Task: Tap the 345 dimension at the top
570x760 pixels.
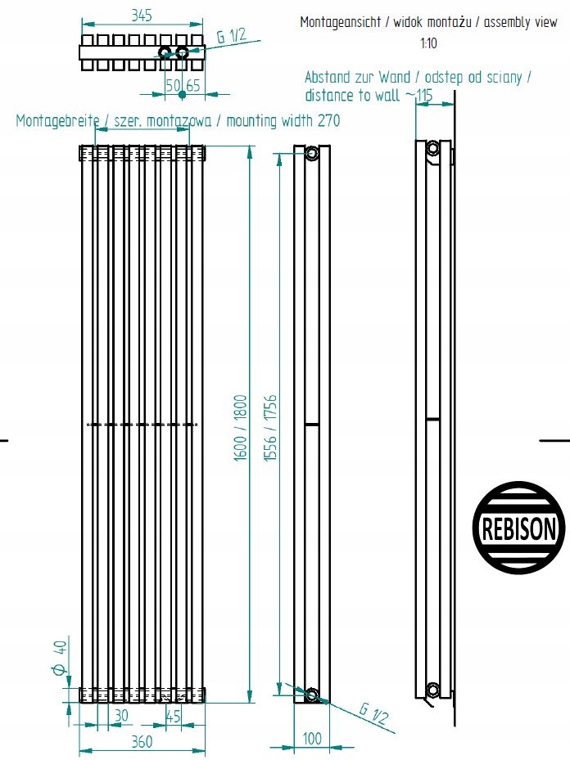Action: point(142,16)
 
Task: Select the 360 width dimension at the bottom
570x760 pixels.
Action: point(142,741)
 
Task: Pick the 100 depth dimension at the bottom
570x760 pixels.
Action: point(311,739)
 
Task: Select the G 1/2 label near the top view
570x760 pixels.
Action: point(232,37)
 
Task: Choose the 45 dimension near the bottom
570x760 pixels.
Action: point(173,715)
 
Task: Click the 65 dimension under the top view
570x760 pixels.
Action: point(193,85)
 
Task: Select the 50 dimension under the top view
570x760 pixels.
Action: point(173,85)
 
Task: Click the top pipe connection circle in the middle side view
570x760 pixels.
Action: point(311,154)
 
